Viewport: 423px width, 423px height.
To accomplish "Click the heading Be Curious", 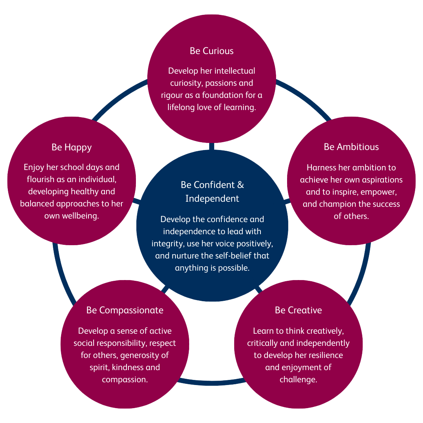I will tap(211, 51).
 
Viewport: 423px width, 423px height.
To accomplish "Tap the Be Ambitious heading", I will tap(351, 147).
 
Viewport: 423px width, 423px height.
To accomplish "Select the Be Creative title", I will tap(298, 310).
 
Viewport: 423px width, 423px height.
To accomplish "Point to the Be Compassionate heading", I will tap(125, 310).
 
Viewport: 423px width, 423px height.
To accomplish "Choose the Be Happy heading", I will tap(72, 147).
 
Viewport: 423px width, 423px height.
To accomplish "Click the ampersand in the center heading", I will tap(241, 184).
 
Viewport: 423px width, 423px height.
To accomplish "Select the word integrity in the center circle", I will tap(166, 244).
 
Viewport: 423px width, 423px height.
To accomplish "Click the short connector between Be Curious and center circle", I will tap(211, 146).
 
